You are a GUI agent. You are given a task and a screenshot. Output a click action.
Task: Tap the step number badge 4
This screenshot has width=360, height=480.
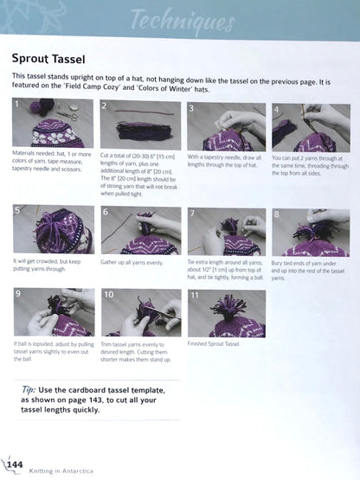tap(278, 110)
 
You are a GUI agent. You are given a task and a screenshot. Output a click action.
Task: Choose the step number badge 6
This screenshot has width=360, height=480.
tap(106, 212)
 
